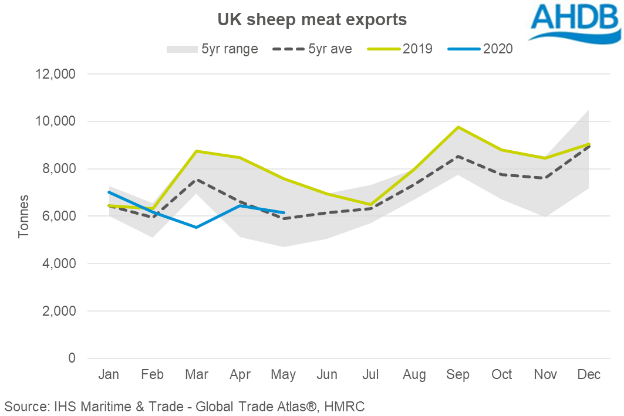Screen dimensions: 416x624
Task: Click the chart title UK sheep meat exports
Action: click(x=312, y=19)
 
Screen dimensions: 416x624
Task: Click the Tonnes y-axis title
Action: click(x=23, y=216)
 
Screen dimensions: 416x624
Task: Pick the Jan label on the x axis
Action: click(x=109, y=375)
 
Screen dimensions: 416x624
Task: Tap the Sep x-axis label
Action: click(x=457, y=375)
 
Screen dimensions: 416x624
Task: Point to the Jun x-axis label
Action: click(x=326, y=375)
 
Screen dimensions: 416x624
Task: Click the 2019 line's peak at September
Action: click(x=457, y=127)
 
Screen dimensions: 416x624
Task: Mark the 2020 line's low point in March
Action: click(x=195, y=227)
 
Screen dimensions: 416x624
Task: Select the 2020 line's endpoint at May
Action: click(x=283, y=212)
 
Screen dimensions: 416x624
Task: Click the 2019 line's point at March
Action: click(x=195, y=151)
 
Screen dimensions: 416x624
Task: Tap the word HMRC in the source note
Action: click(x=346, y=405)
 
